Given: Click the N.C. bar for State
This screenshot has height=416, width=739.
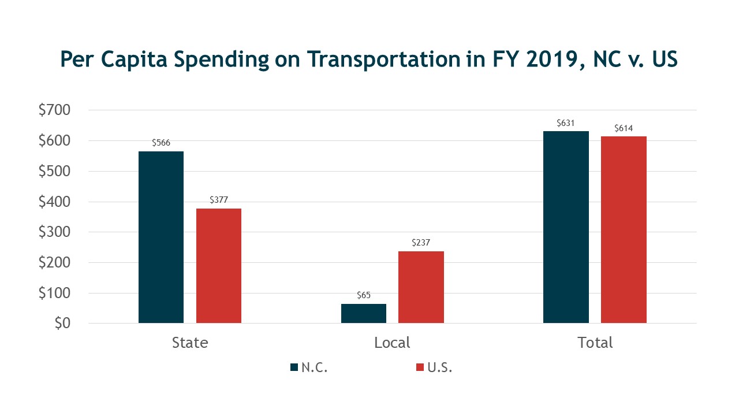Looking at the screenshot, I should [161, 237].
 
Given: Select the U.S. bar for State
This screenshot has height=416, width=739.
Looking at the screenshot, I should [219, 265].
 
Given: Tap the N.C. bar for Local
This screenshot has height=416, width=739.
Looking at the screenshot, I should [364, 313].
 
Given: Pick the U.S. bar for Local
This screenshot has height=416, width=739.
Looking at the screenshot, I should [421, 287].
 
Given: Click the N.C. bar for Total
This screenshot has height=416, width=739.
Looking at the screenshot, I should [566, 226].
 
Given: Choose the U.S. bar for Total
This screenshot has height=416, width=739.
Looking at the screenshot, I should [624, 229].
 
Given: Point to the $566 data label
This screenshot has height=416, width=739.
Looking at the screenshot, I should [161, 143].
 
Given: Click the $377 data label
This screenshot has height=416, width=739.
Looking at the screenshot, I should [219, 200].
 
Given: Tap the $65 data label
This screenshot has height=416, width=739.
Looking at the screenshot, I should [364, 295].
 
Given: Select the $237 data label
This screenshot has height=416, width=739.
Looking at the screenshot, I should [421, 243].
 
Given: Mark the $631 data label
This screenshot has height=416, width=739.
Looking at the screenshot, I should [566, 123].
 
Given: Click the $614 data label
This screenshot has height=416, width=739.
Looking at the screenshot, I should [624, 128].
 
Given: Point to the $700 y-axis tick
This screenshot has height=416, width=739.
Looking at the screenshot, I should [54, 110].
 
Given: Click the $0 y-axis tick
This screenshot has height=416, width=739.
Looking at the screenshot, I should [62, 324].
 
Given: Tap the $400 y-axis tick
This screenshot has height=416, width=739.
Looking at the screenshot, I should [54, 202].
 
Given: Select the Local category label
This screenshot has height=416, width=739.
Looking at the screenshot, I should [392, 343].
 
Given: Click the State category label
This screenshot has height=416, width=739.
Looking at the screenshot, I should [190, 343].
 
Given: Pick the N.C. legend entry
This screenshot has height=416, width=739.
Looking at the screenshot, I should [309, 367].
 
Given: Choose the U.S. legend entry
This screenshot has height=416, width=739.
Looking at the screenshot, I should [434, 367].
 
